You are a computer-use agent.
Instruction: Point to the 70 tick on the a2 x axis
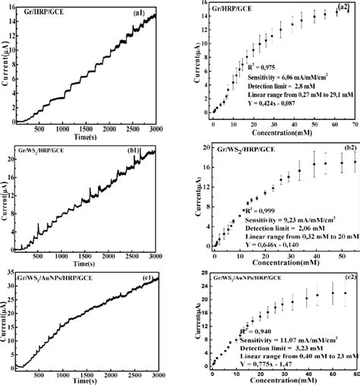(354, 123)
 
